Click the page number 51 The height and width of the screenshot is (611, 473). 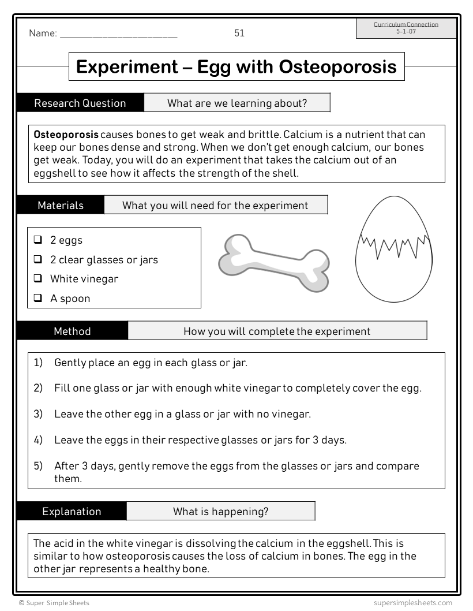pos(239,33)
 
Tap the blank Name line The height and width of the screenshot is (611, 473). pos(118,35)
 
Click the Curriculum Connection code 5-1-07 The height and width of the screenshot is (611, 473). pos(406,31)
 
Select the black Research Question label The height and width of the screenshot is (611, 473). pos(80,103)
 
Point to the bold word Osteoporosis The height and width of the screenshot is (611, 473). pos(66,135)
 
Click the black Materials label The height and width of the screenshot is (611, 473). pos(61,206)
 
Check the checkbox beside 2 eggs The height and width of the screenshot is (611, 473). pos(38,240)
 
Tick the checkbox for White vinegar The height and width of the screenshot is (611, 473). pos(38,278)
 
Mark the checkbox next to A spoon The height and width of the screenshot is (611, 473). pos(38,298)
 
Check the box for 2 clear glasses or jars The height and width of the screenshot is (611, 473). pos(38,259)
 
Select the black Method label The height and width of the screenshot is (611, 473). pos(72,331)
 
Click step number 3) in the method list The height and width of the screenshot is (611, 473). pos(38,414)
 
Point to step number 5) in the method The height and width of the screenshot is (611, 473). pos(38,465)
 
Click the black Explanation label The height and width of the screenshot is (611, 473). pos(72,512)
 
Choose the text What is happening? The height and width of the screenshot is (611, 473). pos(220,512)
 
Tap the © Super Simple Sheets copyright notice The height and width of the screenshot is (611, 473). pos(54,603)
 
